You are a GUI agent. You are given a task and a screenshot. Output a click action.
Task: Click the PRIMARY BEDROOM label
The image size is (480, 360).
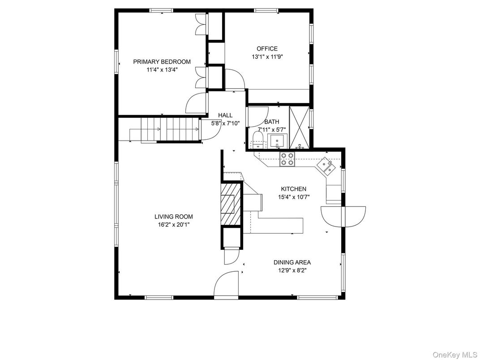[162, 62]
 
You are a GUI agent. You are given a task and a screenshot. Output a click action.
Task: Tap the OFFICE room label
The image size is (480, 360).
[267, 49]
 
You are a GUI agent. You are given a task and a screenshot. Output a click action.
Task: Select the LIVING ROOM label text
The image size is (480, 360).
[174, 217]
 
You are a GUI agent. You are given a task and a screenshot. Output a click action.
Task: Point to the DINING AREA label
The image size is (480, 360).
[292, 262]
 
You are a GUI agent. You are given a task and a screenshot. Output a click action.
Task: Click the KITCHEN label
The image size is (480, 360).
[294, 189]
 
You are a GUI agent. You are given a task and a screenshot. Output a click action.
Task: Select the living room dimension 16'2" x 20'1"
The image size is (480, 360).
[174, 225]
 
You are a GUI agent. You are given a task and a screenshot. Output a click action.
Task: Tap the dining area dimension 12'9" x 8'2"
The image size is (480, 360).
[292, 270]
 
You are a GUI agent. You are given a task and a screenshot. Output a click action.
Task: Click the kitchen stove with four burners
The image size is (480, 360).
[287, 159]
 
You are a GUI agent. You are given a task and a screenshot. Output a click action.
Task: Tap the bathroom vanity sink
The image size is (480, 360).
[277, 141]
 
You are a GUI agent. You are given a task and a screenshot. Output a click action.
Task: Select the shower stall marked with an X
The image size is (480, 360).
[299, 127]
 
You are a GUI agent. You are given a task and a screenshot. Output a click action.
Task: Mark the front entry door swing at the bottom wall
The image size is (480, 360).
[226, 283]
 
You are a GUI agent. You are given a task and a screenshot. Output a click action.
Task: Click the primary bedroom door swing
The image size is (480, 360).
[197, 103]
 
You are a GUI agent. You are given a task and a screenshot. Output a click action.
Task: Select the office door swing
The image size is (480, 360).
[235, 79]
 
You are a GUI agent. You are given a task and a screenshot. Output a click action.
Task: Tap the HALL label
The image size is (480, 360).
[225, 116]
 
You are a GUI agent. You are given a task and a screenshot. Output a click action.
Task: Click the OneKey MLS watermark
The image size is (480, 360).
[454, 355]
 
